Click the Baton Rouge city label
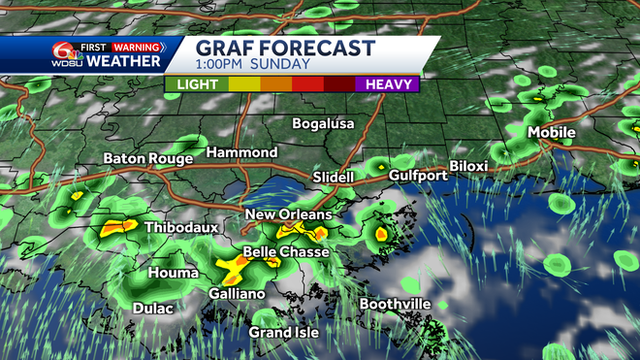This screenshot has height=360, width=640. (141, 158)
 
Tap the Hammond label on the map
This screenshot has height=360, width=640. (242, 153)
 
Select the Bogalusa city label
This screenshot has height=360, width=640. (324, 124)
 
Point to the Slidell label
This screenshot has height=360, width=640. (335, 177)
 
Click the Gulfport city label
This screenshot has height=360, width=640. (418, 176)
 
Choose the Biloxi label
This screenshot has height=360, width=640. (468, 166)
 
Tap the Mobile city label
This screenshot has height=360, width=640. (551, 133)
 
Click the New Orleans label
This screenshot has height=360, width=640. (288, 214)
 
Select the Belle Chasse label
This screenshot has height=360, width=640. (286, 252)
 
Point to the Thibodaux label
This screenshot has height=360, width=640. (181, 228)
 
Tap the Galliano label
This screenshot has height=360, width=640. (237, 293)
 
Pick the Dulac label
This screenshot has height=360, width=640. (152, 309)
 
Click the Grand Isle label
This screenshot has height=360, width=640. (282, 332)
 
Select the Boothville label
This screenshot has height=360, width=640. (395, 304)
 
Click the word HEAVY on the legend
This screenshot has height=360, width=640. (385, 84)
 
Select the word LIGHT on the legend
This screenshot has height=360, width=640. (197, 84)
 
